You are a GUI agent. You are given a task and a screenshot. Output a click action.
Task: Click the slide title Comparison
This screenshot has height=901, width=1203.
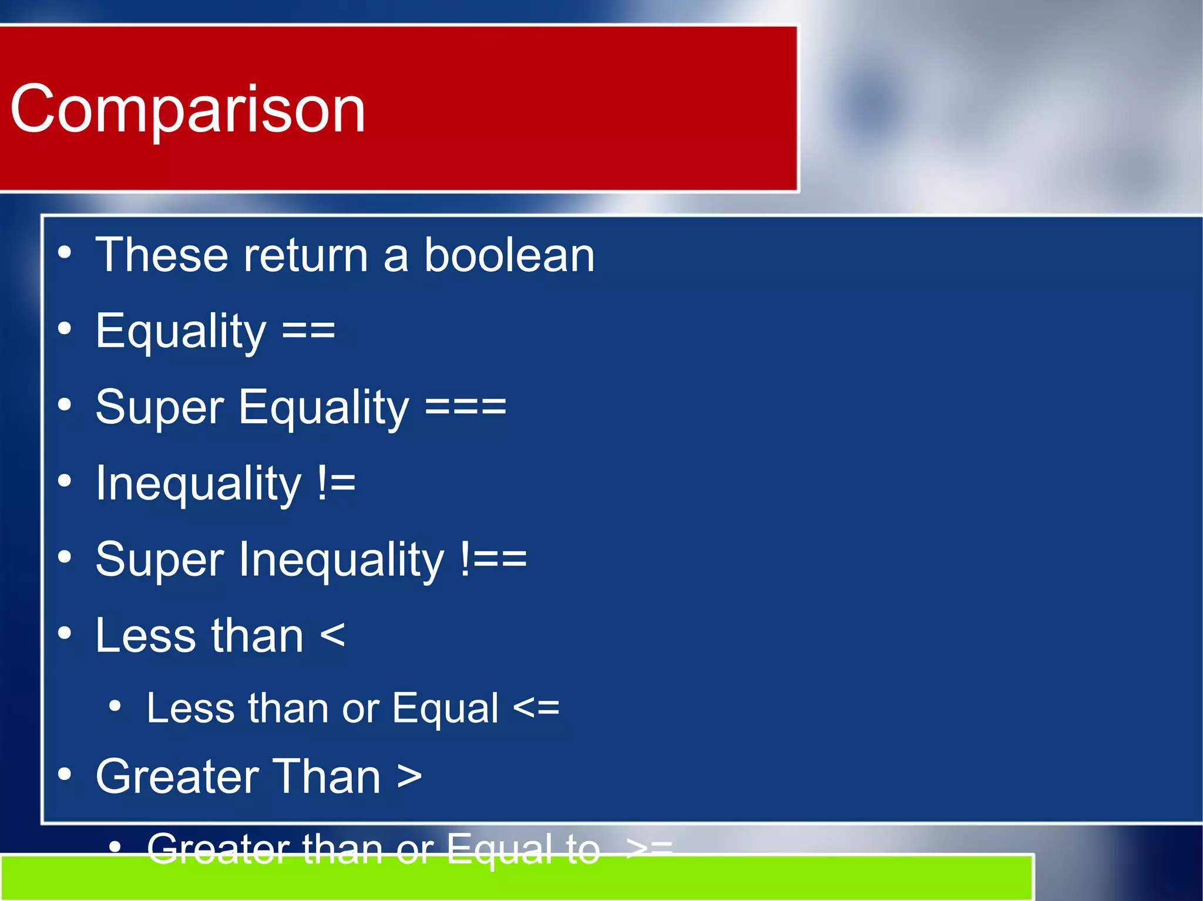[188, 109]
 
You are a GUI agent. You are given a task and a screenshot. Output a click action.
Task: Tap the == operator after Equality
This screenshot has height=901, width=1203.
[308, 330]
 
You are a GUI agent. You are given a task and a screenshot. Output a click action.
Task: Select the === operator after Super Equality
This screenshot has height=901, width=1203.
[465, 407]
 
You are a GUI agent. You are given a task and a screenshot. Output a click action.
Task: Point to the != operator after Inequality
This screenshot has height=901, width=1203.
[336, 484]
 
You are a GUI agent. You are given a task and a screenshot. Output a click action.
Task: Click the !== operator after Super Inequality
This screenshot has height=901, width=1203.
[493, 559]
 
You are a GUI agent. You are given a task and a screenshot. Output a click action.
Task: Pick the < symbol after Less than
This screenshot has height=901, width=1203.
[332, 636]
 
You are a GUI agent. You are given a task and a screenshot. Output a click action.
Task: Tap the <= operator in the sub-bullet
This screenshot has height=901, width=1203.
[536, 708]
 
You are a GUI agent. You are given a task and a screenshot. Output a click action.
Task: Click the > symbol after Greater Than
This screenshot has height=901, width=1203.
[409, 777]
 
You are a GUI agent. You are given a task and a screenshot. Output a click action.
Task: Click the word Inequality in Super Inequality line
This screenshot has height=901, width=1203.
[341, 559]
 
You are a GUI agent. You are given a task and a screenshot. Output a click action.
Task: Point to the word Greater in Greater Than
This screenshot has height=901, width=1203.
[176, 777]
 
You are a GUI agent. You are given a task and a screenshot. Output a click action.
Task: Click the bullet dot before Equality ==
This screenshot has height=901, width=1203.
[65, 329]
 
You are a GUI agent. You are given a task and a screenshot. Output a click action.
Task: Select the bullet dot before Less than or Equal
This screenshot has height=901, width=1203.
[115, 706]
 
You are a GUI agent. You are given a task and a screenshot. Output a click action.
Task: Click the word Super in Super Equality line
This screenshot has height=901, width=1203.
[159, 407]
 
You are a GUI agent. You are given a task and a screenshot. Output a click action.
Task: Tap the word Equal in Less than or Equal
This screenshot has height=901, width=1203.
[445, 708]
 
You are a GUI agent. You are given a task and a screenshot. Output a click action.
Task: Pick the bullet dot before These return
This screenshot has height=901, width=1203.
[65, 253]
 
